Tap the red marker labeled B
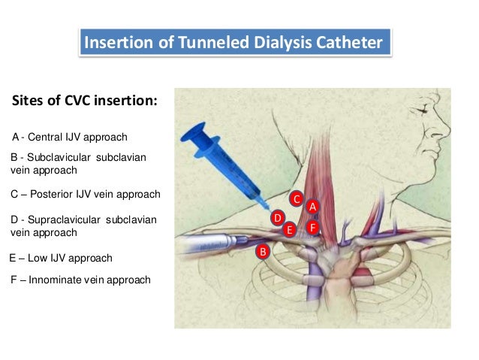pos(262,251)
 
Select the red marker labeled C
pos(297,199)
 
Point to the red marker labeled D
pos(277,218)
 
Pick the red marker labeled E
pos(289,230)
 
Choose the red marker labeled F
pos(312,226)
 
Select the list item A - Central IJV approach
pos(70,138)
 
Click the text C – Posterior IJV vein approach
pos(85,194)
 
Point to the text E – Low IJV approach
pos(61,258)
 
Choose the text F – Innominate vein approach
pos(80,280)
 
